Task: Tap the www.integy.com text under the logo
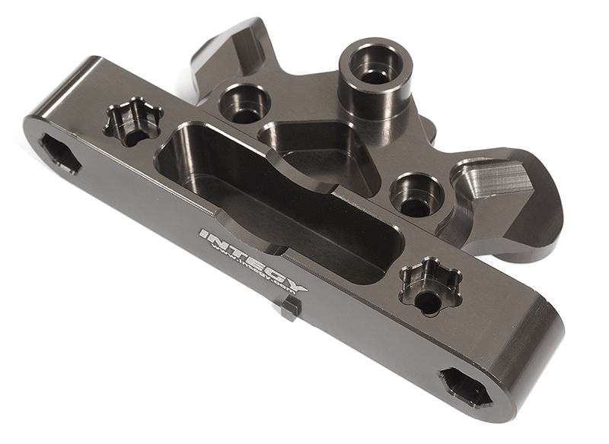(254, 274)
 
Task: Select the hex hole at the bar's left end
(59, 153)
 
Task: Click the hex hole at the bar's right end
(465, 387)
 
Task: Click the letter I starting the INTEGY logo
(203, 233)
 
